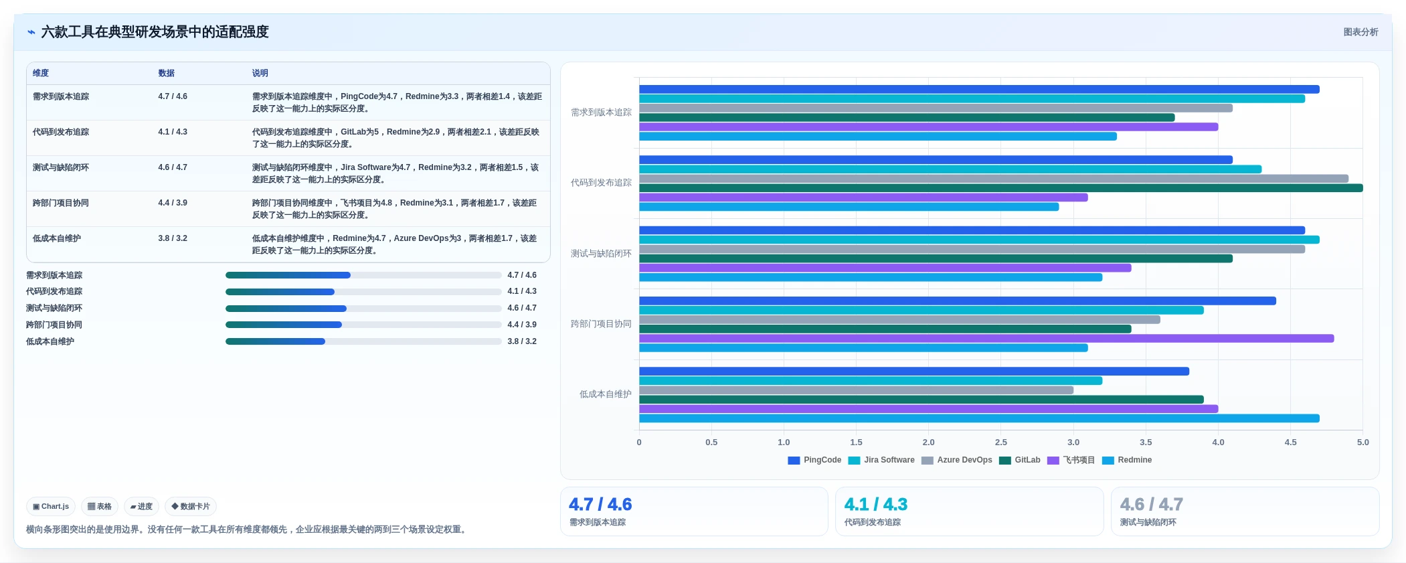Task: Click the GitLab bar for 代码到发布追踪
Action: [x=1000, y=188]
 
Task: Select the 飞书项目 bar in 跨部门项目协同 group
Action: [x=986, y=339]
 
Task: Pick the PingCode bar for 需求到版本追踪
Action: [x=979, y=89]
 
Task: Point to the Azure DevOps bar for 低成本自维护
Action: [x=856, y=390]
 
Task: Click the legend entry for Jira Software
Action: [x=881, y=460]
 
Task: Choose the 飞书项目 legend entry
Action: [x=1071, y=460]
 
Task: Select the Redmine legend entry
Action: [x=1127, y=460]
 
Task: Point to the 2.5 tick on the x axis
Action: [x=1001, y=443]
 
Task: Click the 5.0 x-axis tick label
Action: [x=1363, y=443]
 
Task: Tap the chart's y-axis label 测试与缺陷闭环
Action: [x=601, y=254]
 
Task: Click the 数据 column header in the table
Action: [x=166, y=73]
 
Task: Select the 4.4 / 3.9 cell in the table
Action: [x=173, y=203]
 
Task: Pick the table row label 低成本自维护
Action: [x=57, y=238]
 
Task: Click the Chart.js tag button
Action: [x=51, y=507]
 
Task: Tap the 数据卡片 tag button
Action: [x=191, y=507]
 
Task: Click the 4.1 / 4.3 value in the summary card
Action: [x=876, y=504]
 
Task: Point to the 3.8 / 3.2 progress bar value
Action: [x=522, y=341]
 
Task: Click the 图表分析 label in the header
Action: [x=1360, y=32]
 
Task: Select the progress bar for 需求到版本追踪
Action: [x=363, y=275]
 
